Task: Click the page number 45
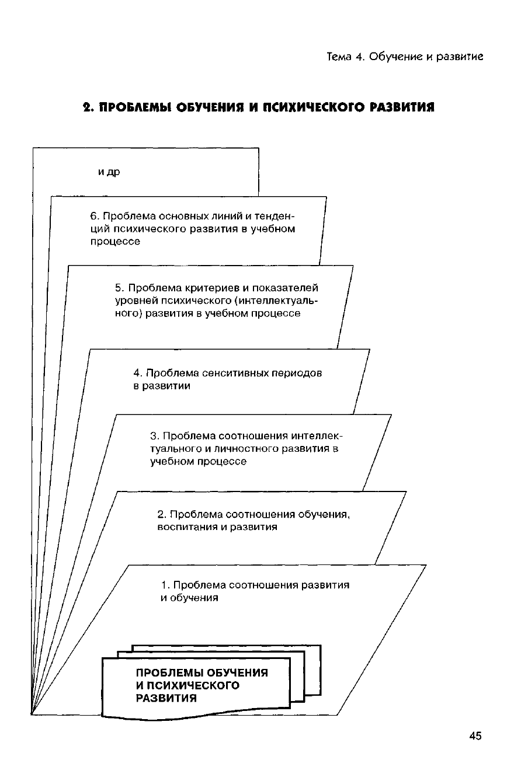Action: [x=475, y=736]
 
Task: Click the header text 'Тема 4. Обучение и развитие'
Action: [x=405, y=57]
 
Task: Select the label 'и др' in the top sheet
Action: [x=109, y=172]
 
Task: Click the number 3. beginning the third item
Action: [x=155, y=436]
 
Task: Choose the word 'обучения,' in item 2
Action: [x=324, y=514]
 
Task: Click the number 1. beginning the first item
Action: [x=165, y=585]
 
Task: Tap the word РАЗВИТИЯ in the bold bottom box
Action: [x=166, y=698]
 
